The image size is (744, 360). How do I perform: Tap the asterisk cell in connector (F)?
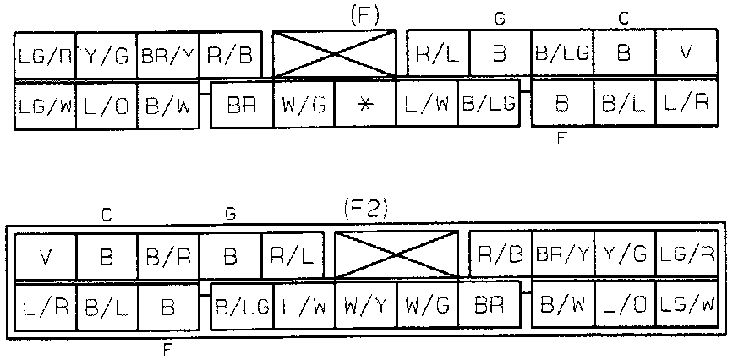365,105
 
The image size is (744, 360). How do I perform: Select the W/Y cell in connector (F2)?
365,303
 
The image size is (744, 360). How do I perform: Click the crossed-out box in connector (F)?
335,53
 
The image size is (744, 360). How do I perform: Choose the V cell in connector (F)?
686,53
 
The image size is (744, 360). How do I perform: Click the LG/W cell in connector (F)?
45,105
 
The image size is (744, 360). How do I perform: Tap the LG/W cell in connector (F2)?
686,303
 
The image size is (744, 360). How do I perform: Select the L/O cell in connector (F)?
106,105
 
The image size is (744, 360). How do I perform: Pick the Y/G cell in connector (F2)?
625,253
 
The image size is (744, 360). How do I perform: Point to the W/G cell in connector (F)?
304,105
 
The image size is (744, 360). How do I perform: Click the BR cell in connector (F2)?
489,303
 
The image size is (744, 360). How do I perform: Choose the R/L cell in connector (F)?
438,53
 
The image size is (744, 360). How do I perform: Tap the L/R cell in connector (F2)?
46,303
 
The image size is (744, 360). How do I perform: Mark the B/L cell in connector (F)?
625,105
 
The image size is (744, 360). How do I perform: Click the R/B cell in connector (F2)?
501,253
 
